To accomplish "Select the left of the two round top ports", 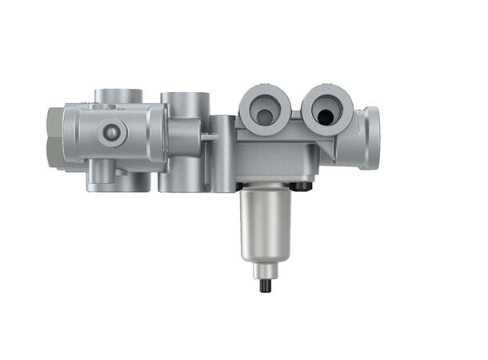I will (x=265, y=110).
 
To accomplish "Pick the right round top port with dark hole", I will (x=326, y=110).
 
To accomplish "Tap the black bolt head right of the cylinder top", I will (x=300, y=186).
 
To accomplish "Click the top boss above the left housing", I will (x=118, y=96).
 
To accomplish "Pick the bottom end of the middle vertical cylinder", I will (x=184, y=184).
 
